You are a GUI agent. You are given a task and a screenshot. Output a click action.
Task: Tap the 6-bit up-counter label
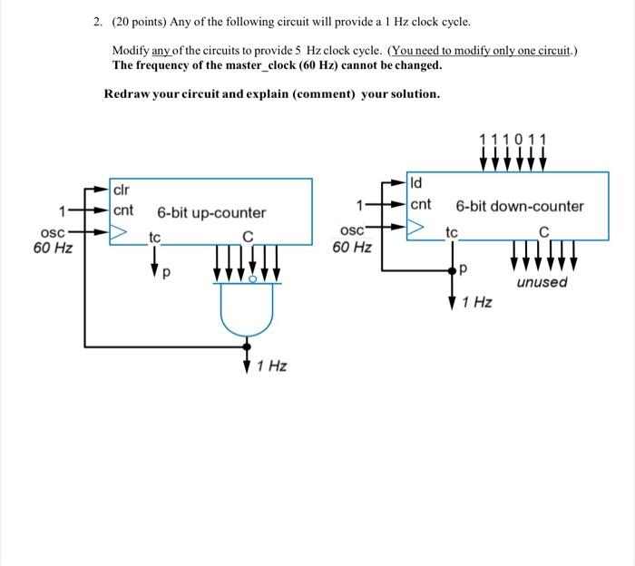point(211,213)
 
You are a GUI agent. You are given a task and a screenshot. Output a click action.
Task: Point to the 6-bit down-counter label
point(520,206)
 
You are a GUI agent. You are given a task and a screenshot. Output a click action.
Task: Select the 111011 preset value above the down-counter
point(513,139)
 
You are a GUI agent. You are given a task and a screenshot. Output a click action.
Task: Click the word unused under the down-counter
point(542,282)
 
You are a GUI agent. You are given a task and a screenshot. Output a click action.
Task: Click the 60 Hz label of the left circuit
point(53,248)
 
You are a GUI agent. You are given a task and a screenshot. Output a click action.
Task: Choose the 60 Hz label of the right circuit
point(352,247)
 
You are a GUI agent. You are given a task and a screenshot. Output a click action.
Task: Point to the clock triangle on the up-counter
point(119,234)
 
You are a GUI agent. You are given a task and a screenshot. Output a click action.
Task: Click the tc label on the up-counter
point(155,238)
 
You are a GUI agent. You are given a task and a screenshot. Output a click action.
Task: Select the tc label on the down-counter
point(452,232)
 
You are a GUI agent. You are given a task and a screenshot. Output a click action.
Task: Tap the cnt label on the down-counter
point(421,205)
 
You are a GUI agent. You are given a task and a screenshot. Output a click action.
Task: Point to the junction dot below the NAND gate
point(247,346)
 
